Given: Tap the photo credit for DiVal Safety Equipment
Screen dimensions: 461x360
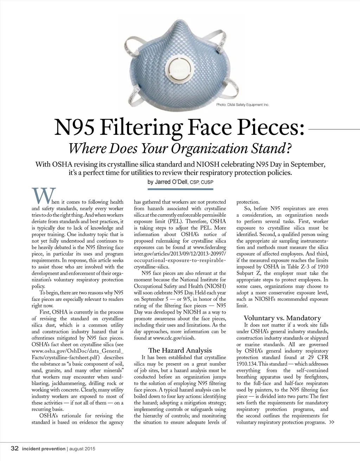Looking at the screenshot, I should click(x=243, y=105).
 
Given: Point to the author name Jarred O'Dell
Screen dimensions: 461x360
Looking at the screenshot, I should click(x=168, y=182).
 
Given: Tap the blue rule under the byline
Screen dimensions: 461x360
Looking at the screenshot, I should click(x=180, y=189).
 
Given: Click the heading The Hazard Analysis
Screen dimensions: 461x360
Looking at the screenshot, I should click(x=180, y=350).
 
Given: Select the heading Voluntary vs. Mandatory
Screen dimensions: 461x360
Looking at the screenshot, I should click(x=282, y=318).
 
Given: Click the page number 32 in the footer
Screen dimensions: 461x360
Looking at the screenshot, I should click(x=15, y=448).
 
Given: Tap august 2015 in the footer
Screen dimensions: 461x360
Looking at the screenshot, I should click(x=82, y=449).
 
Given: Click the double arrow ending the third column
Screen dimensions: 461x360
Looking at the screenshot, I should click(x=332, y=422).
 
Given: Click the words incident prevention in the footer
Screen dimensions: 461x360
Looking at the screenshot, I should click(x=44, y=449).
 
